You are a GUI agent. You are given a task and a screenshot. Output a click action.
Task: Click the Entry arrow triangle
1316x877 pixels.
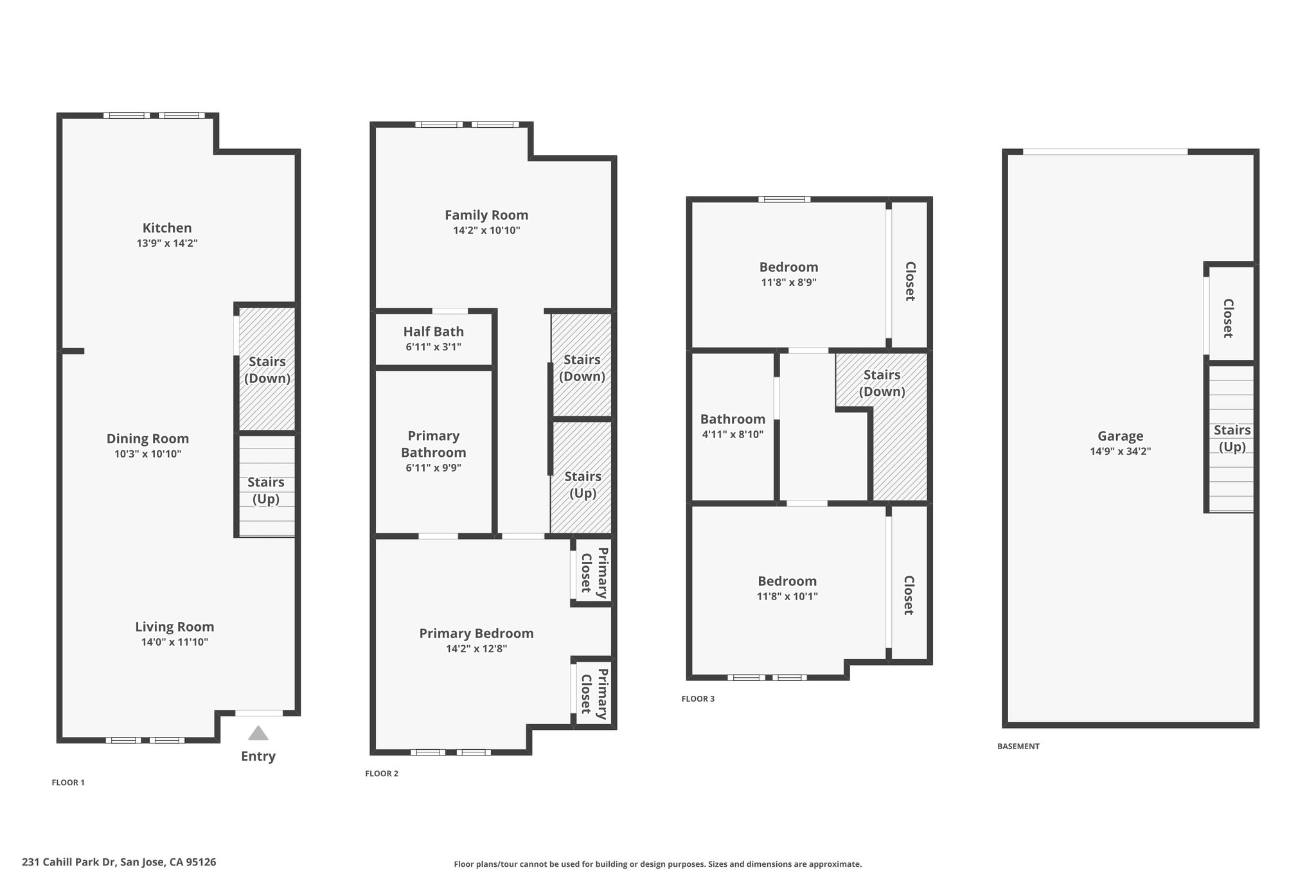coord(258,734)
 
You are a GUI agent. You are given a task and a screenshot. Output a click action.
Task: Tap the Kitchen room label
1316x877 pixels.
coord(167,228)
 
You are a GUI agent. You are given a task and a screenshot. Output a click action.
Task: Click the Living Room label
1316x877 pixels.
coord(175,627)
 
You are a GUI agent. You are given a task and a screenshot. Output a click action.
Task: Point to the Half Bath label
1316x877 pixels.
coord(434,332)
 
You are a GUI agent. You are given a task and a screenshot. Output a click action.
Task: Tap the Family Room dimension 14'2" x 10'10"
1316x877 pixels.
coord(486,231)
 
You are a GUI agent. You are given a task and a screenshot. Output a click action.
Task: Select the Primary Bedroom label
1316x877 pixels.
coord(477,633)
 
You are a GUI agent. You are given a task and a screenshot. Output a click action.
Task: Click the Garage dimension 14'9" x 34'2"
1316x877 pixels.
coord(1120,452)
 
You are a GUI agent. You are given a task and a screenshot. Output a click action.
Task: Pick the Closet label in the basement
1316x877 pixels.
coord(1228,318)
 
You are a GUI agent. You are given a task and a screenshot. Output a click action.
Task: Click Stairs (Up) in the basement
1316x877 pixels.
coord(1232,439)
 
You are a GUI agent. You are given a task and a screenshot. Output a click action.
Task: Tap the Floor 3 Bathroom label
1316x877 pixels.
coord(733,420)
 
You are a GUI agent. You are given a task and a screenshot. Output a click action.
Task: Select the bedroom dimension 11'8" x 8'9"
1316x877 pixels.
coord(788,282)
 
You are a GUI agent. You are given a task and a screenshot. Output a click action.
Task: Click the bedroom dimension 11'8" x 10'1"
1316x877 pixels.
coord(787,596)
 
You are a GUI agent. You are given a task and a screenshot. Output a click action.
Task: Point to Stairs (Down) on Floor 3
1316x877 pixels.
coord(882,384)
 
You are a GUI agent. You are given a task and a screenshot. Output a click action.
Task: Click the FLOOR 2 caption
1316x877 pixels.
coord(382,774)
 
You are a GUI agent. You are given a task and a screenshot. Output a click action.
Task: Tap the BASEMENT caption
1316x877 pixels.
coord(1018,747)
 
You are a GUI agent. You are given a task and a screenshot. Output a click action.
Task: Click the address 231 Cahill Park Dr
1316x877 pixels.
coord(119,862)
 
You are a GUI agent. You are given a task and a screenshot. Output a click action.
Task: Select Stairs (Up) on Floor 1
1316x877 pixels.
coord(266,490)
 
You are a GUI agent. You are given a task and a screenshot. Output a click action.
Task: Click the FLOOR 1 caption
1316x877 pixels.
coord(68,783)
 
